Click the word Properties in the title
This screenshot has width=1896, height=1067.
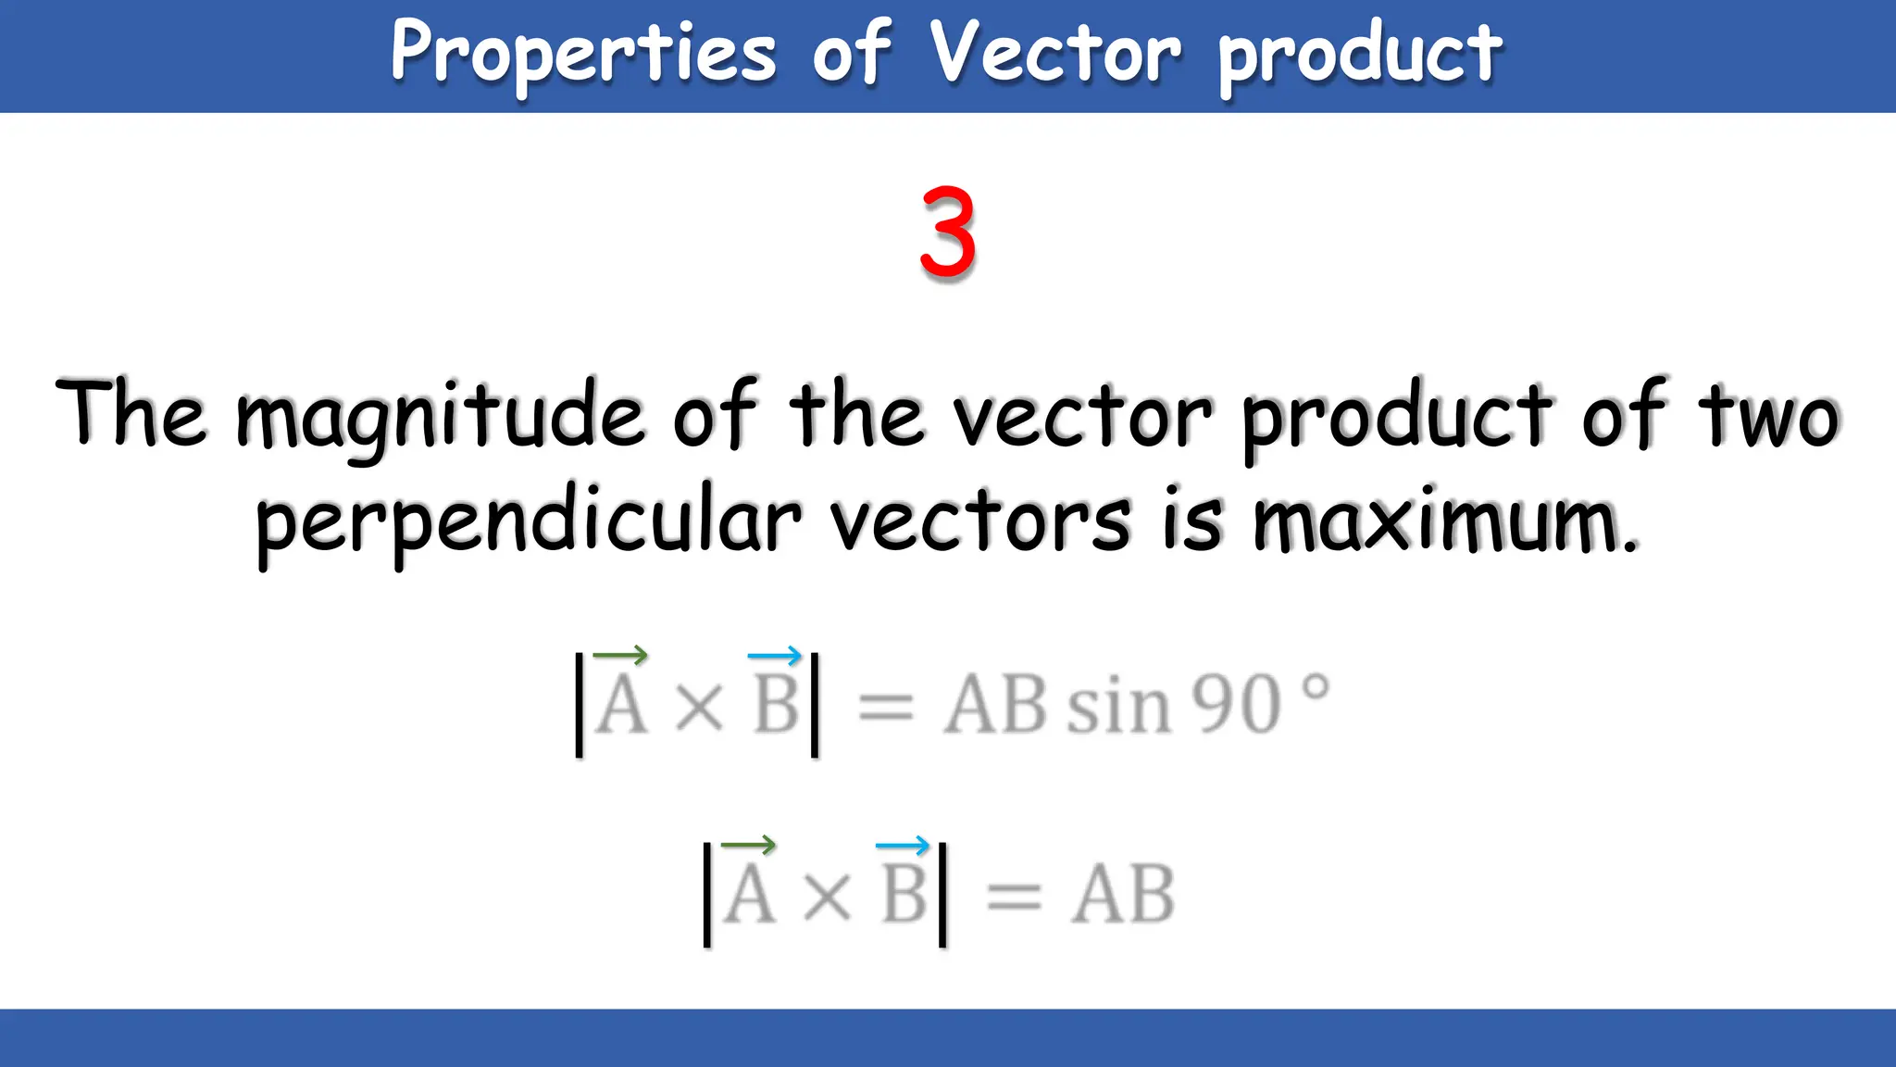tap(583, 54)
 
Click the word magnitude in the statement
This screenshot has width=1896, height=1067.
tap(439, 417)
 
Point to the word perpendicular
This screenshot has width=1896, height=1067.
tap(528, 521)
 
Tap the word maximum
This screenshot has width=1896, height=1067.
tap(1444, 521)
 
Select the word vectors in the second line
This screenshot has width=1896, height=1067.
tap(981, 521)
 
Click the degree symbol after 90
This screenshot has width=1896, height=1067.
tap(1316, 688)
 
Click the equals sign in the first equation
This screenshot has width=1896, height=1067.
tap(886, 709)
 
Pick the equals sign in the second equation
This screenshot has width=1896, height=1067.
tap(1014, 897)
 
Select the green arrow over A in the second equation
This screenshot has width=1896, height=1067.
tap(748, 845)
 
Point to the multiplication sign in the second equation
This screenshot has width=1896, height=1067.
tap(827, 897)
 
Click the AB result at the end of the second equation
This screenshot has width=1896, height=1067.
tap(1123, 895)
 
